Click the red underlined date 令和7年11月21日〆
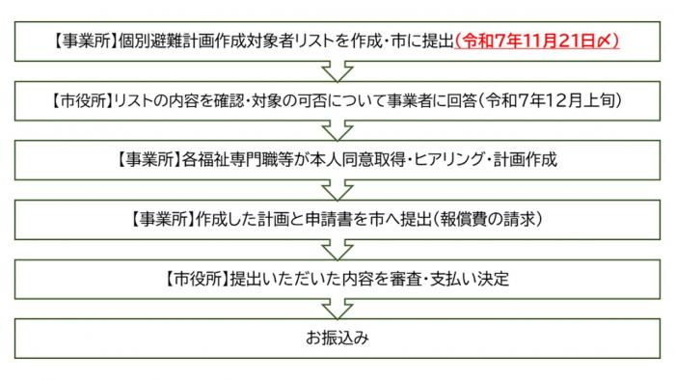(536, 43)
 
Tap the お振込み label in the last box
(337, 339)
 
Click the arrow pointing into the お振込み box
(337, 310)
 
